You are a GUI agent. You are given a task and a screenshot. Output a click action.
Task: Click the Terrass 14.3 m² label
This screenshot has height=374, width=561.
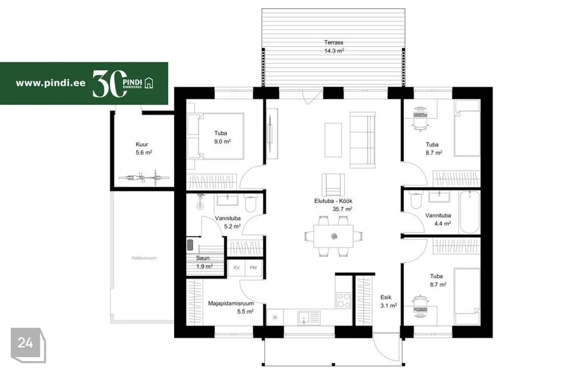coord(334,47)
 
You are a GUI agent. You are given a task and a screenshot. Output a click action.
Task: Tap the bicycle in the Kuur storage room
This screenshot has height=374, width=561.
coord(144,178)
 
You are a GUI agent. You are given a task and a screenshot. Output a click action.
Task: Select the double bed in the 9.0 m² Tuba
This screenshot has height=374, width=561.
coord(216,136)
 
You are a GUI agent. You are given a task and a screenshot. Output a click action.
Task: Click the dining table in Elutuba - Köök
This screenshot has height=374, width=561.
coord(334,236)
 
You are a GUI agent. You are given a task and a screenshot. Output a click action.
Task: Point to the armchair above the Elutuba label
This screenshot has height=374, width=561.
coord(333,185)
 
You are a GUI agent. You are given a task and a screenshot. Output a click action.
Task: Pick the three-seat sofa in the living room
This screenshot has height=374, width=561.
coord(362,140)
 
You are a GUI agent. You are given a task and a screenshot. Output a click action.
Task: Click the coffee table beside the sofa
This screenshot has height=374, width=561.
coord(333,140)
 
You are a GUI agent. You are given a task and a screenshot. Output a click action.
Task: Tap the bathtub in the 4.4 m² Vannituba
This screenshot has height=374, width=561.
coord(469,212)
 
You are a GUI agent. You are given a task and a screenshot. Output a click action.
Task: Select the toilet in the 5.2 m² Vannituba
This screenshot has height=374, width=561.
coord(250,203)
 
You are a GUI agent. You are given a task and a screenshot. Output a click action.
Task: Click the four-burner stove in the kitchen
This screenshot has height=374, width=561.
coord(344,300)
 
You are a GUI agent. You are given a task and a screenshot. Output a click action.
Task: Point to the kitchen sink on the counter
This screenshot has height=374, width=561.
coord(309,317)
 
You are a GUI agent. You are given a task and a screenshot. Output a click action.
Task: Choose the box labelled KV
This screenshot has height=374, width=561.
coord(237,268)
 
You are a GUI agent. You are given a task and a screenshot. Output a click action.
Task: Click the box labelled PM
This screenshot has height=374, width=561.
coord(253,268)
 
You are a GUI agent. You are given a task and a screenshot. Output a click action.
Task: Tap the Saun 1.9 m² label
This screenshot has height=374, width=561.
coord(204,262)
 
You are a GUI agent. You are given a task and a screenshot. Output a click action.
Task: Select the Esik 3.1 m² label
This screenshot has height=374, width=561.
coord(388,302)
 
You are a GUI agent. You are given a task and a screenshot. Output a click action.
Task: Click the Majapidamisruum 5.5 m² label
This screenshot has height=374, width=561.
coord(231,307)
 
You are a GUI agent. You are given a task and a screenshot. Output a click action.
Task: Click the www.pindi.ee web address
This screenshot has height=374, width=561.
coord(51,83)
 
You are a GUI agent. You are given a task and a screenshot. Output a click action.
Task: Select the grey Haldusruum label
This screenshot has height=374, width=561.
coord(144,258)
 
